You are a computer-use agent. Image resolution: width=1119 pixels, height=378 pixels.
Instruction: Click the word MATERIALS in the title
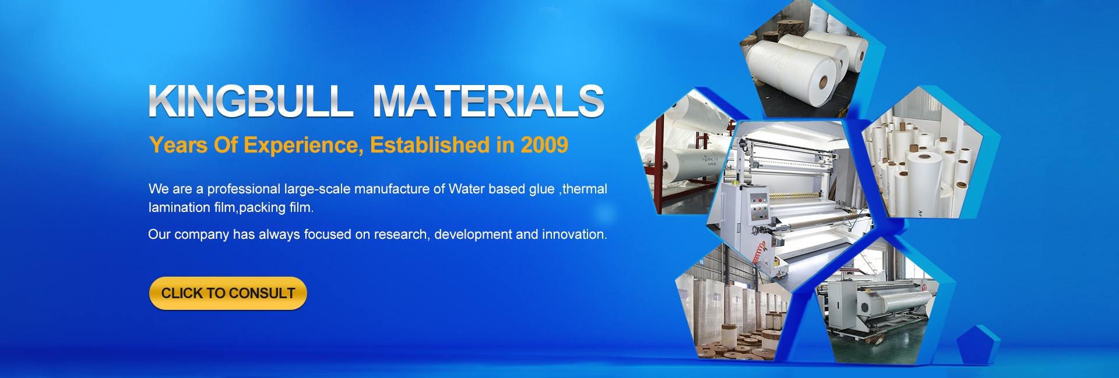tap(488, 101)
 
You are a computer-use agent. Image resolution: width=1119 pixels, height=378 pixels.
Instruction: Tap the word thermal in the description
tap(586, 189)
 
